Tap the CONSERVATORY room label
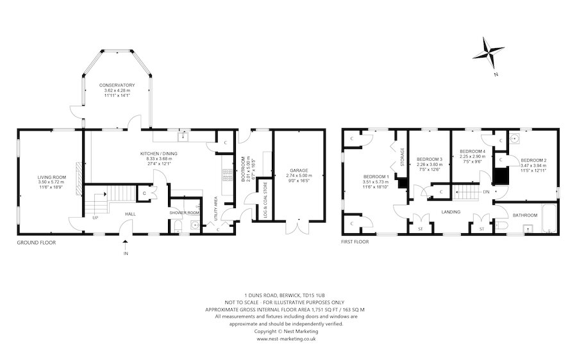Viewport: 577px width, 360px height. coord(117,85)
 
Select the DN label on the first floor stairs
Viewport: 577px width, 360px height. coord(487,192)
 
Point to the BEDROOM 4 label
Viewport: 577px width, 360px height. coord(472,151)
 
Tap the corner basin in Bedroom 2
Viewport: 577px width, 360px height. coord(513,137)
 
